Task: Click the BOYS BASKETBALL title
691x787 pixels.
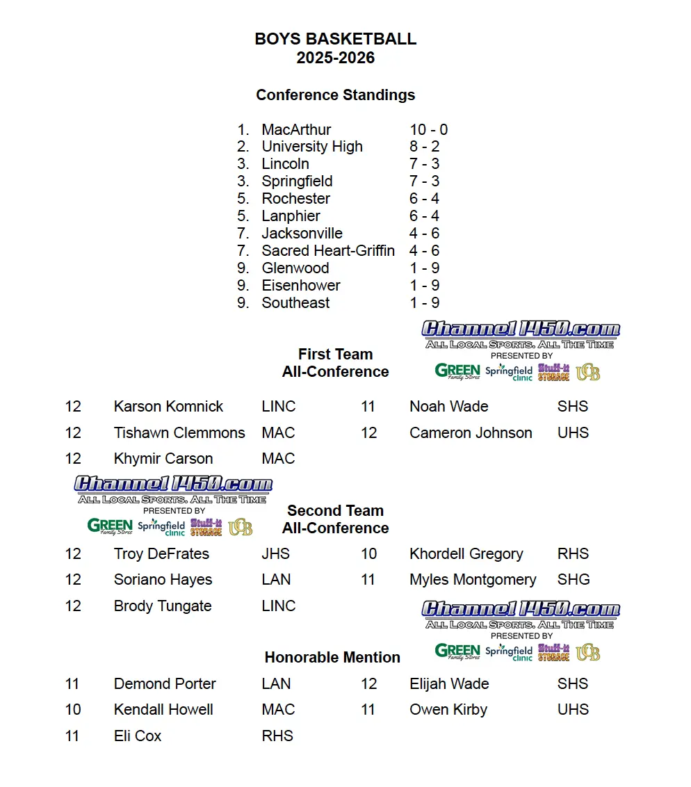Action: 336,39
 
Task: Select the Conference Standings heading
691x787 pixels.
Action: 336,95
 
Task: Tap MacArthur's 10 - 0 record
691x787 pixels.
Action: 428,130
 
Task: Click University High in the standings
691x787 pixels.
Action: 312,147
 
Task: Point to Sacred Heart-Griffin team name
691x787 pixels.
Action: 328,251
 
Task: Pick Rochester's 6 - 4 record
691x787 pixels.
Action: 424,199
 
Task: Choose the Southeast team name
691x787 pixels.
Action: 295,303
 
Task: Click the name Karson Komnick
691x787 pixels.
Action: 168,407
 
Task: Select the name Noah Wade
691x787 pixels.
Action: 448,407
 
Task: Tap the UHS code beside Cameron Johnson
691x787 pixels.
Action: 573,433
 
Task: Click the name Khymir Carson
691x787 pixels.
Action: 163,459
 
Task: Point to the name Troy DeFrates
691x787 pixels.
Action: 161,554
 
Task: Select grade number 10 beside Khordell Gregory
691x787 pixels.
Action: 368,554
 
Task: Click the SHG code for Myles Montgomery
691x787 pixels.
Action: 574,580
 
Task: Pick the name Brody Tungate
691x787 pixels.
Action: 163,606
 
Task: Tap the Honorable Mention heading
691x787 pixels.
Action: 332,658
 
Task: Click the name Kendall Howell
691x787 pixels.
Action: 163,710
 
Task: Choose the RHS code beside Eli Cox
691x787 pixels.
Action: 277,736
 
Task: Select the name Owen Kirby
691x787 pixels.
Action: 448,710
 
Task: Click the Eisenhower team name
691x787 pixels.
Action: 301,286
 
